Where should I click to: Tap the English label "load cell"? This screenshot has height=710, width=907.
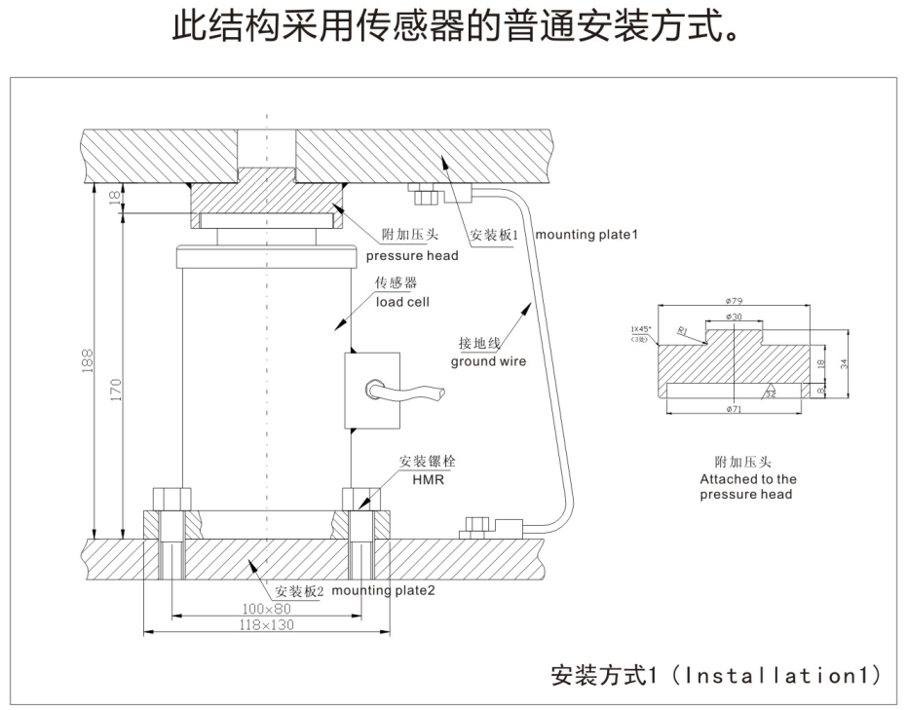point(402,302)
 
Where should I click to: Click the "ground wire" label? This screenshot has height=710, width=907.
point(487,361)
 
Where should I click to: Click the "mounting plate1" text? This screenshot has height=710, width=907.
point(586,236)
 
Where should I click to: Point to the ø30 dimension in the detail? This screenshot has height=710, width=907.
point(735,318)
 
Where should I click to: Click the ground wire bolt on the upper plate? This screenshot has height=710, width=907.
point(423,197)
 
